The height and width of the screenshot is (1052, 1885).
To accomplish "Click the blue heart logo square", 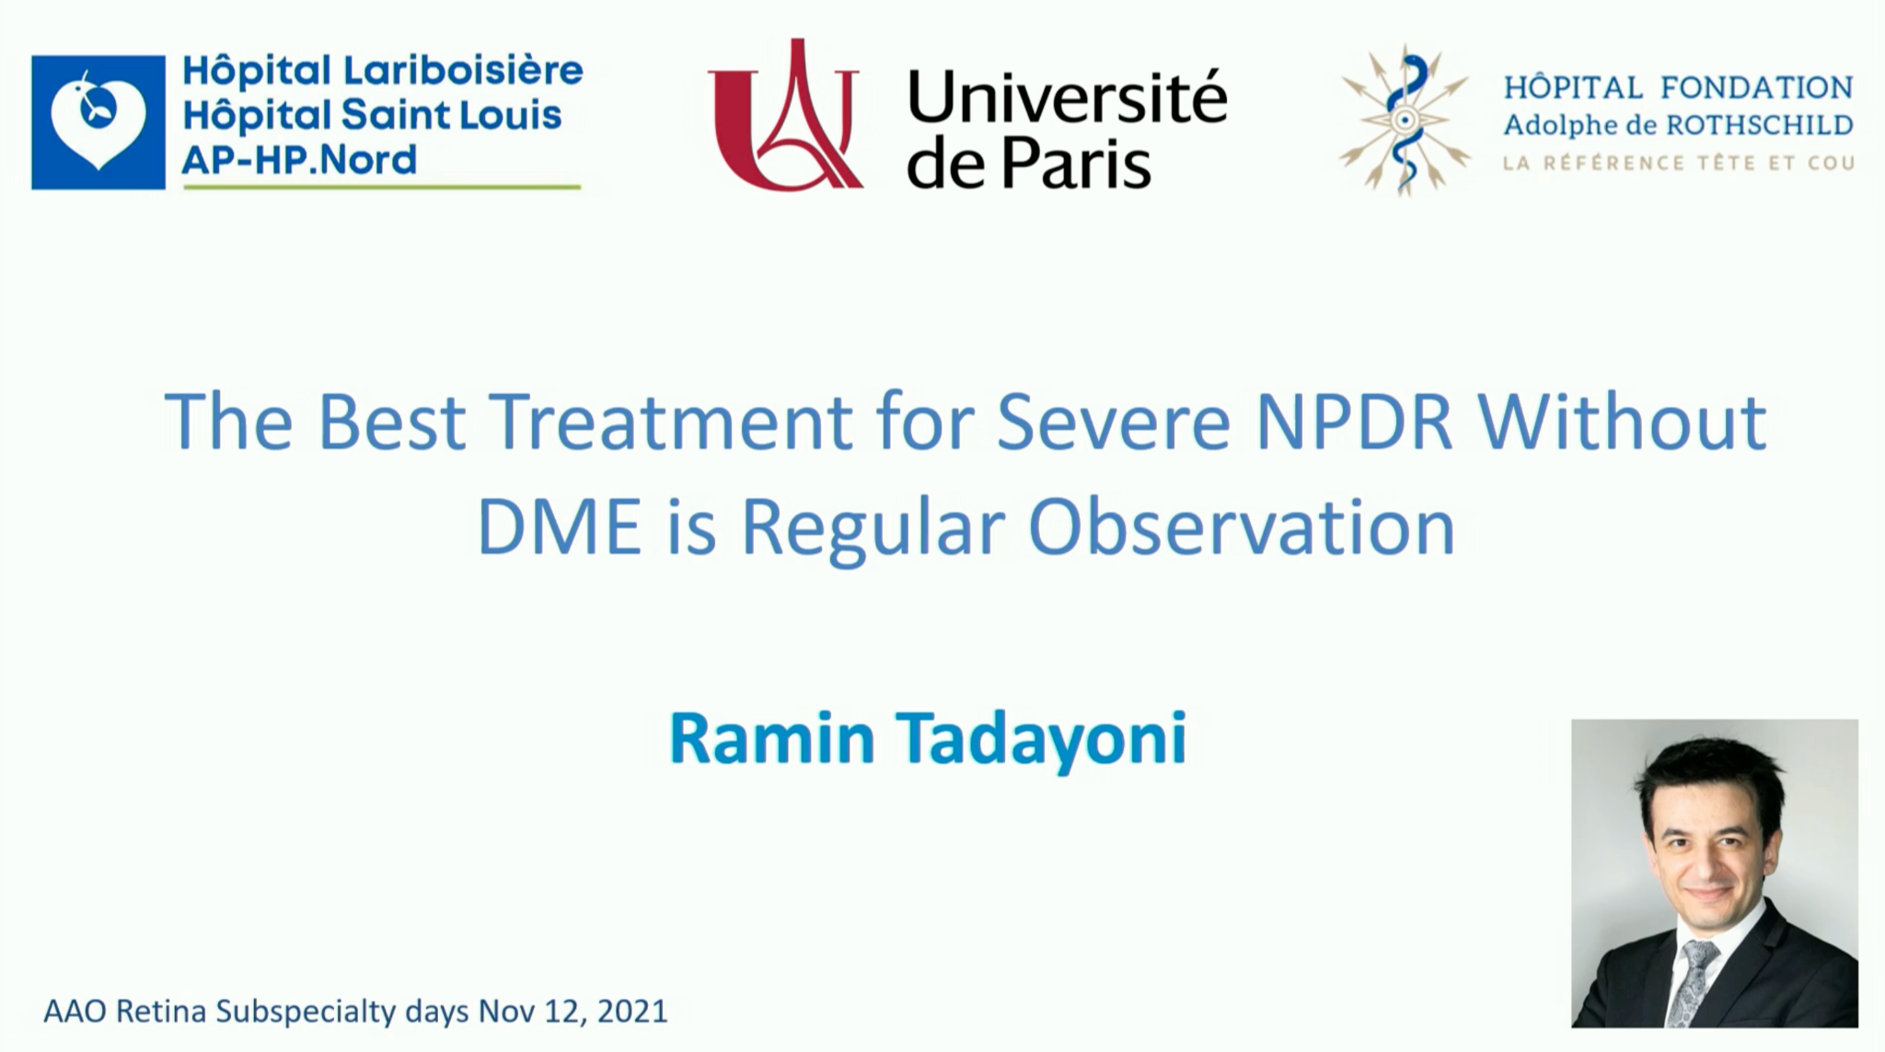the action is (98, 122).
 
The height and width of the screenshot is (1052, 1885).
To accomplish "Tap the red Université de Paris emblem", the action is (785, 115).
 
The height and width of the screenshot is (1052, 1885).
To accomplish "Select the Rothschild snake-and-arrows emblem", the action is (1405, 121).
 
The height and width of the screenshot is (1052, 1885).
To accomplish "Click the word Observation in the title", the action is (1241, 528).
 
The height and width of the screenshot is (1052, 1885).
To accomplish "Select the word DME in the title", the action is (559, 528).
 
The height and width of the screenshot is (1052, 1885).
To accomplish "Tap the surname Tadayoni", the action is (1042, 739).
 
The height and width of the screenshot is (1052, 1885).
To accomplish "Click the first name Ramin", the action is (771, 738).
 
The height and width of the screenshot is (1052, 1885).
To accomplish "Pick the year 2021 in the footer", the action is (631, 1012).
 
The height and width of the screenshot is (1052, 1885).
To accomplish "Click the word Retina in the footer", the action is (160, 1012).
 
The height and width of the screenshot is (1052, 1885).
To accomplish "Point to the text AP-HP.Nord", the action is (299, 160).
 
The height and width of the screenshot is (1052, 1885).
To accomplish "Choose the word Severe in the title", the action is (1113, 422).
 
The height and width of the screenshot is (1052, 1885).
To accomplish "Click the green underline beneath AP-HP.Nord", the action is (382, 187).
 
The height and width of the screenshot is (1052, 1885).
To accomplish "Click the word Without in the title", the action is (1623, 422).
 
